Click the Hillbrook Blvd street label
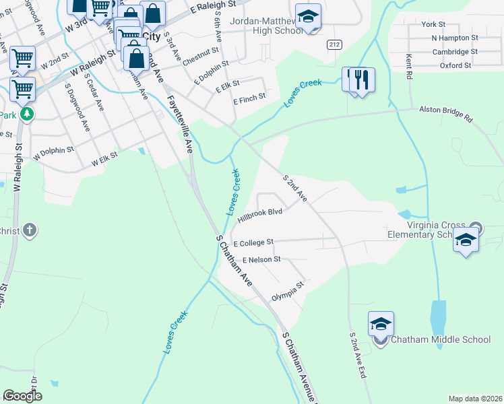click(x=259, y=215)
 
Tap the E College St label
click(x=253, y=242)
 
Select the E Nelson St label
click(x=252, y=259)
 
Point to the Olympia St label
click(x=288, y=290)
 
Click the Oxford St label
click(x=455, y=66)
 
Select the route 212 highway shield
click(x=333, y=44)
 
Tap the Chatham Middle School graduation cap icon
click(x=381, y=325)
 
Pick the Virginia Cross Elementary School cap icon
click(x=466, y=240)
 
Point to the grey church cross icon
click(x=29, y=231)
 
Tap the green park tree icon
click(x=26, y=115)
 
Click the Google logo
click(x=22, y=396)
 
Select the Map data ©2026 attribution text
click(x=474, y=399)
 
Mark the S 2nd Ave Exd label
click(x=357, y=355)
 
